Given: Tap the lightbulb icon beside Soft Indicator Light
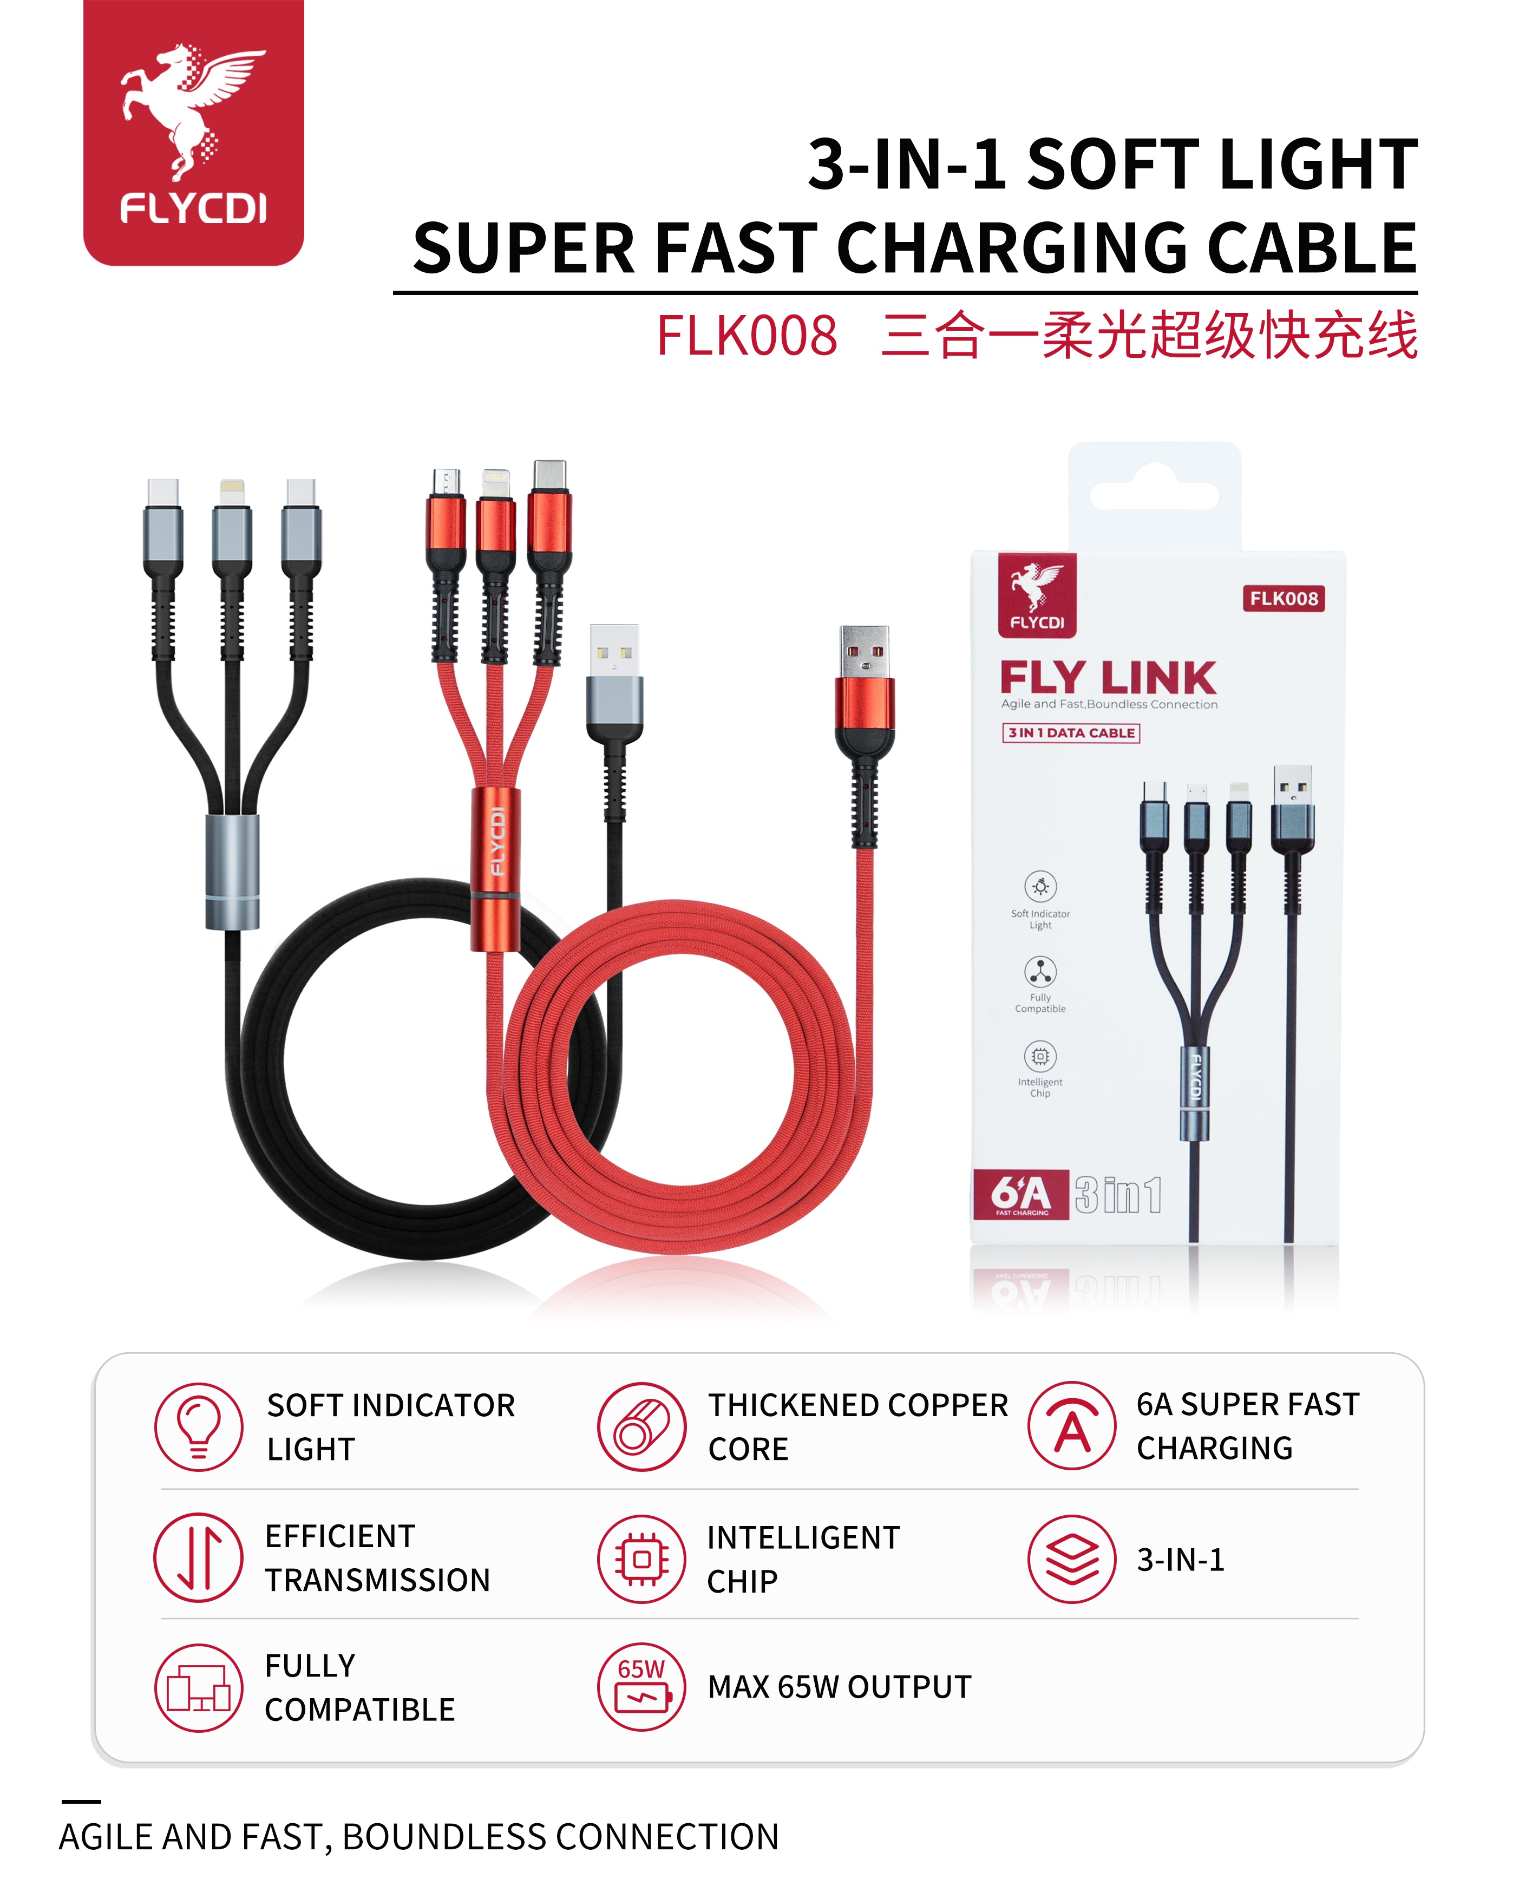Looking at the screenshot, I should (199, 1426).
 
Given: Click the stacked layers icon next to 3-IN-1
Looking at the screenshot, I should (1072, 1559).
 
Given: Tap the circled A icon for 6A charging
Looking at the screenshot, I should (1072, 1425).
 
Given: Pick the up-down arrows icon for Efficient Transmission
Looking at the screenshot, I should (199, 1557).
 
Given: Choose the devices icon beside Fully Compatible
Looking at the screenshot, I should (199, 1687).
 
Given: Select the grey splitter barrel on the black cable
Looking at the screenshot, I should (232, 872).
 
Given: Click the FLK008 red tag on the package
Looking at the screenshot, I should (1284, 599).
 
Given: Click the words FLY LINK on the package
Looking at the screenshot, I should (1108, 678).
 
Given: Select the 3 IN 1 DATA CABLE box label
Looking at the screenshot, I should (1071, 733).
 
